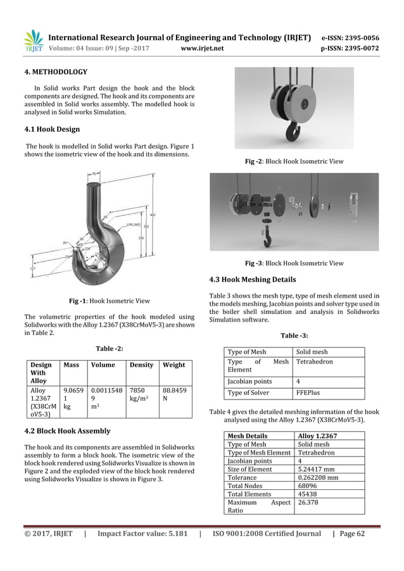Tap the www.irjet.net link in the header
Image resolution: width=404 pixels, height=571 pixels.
[203, 47]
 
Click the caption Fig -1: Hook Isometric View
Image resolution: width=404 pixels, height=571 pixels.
[109, 301]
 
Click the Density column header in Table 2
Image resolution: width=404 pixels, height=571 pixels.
[141, 365]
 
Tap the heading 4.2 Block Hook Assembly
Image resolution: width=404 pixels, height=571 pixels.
[66, 431]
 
